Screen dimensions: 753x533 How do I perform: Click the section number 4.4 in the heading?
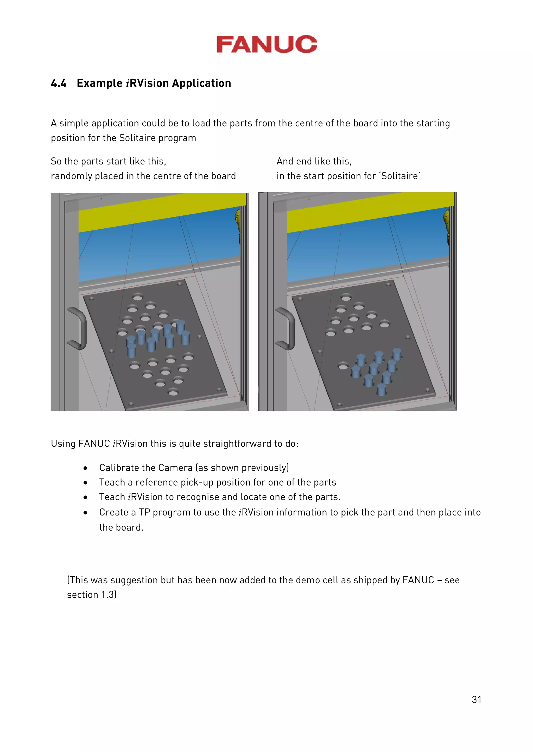pos(59,83)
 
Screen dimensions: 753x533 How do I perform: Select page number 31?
pos(476,699)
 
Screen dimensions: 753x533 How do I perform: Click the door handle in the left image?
pos(78,328)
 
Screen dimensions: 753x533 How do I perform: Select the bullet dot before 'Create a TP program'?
pos(85,513)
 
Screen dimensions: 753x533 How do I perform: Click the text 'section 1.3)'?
pos(92,595)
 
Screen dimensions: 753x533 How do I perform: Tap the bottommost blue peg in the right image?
pos(381,389)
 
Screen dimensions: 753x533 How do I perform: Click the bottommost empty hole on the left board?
pos(173,392)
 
